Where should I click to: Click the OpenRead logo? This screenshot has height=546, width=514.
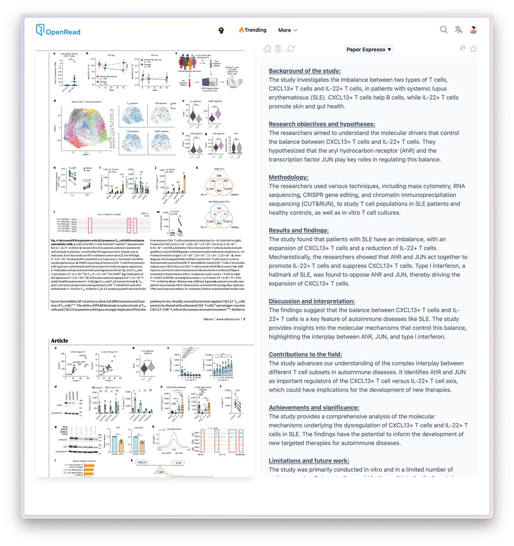tap(58, 30)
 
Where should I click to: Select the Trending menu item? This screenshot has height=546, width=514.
tap(253, 30)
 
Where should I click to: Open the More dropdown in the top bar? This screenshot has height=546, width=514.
tap(288, 30)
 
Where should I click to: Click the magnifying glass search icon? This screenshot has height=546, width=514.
tap(443, 30)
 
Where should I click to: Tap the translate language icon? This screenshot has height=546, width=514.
tap(458, 30)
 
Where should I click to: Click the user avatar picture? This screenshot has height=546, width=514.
tap(473, 30)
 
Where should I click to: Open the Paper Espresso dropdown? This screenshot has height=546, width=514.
tap(369, 49)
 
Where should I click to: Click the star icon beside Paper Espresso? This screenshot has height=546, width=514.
tap(473, 49)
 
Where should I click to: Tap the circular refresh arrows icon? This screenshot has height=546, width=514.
tap(291, 49)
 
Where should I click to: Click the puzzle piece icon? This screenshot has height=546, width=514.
tap(267, 49)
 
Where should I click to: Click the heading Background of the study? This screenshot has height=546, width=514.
tap(305, 71)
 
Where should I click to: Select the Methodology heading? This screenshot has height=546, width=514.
tap(288, 177)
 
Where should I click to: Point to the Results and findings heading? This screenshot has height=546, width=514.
tap(299, 231)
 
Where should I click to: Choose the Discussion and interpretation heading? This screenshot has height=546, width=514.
tap(311, 301)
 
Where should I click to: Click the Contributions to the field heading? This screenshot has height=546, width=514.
tap(305, 354)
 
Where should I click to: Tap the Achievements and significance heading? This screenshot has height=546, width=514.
tap(314, 408)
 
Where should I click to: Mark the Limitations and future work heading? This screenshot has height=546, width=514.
tap(309, 461)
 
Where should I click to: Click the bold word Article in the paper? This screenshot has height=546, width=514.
tap(60, 341)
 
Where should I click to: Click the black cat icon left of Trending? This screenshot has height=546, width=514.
tap(221, 30)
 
